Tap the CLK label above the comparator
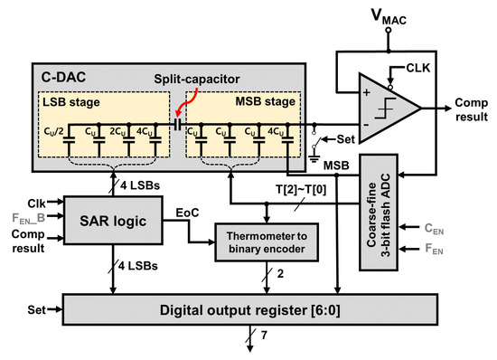tap(407, 66)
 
